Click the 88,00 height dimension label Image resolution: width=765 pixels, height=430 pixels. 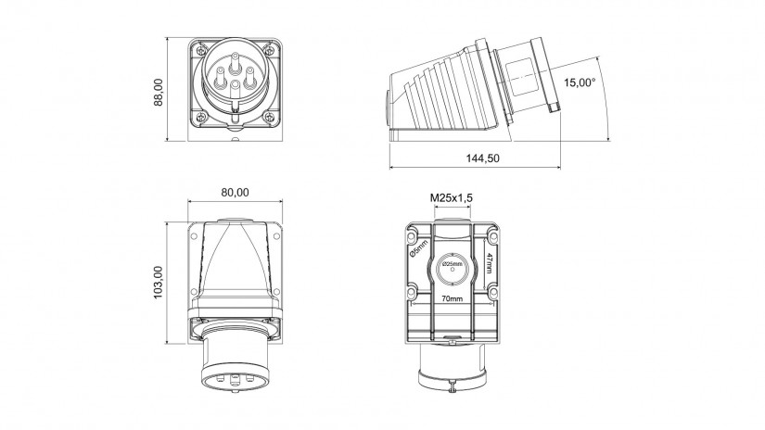(x=159, y=93)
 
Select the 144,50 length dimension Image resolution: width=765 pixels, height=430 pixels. (x=482, y=158)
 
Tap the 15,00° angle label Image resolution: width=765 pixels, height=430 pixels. (x=580, y=82)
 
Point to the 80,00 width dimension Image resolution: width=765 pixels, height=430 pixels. (x=235, y=193)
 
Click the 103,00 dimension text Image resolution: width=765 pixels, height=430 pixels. (x=159, y=283)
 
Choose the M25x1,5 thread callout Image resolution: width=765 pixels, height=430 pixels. (x=452, y=198)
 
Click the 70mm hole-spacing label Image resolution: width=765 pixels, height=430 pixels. (x=453, y=298)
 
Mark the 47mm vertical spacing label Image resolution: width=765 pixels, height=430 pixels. (x=490, y=263)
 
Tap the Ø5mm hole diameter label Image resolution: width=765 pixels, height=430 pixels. (x=418, y=248)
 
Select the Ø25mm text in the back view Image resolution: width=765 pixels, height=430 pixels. (x=453, y=264)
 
